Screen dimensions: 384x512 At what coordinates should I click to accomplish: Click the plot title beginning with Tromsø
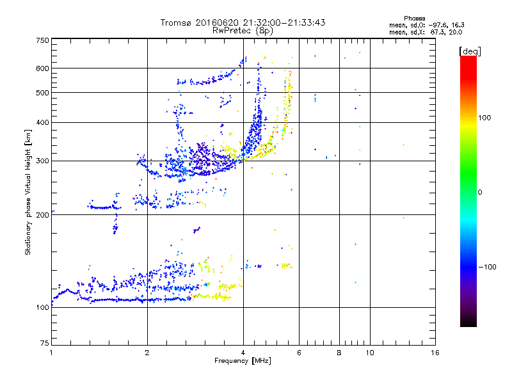pyautogui.click(x=243, y=22)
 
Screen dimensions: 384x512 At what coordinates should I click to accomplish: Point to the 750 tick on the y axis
pyautogui.click(x=42, y=40)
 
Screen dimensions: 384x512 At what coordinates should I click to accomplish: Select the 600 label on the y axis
pyautogui.click(x=42, y=68)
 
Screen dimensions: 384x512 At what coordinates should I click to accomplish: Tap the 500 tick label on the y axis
pyautogui.click(x=42, y=93)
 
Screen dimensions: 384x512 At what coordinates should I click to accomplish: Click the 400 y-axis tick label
pyautogui.click(x=42, y=122)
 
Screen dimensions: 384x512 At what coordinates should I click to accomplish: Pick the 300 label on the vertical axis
pyautogui.click(x=42, y=161)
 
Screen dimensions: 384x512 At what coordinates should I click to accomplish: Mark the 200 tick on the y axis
pyautogui.click(x=42, y=215)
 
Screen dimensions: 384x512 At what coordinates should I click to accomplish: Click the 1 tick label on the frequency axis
pyautogui.click(x=51, y=353)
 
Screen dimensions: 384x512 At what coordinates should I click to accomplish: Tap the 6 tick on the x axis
pyautogui.click(x=299, y=353)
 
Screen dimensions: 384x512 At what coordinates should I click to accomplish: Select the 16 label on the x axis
pyautogui.click(x=435, y=353)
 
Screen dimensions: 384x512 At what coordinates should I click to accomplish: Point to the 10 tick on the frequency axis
pyautogui.click(x=369, y=353)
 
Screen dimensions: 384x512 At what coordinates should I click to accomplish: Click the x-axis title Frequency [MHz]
pyautogui.click(x=243, y=362)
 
